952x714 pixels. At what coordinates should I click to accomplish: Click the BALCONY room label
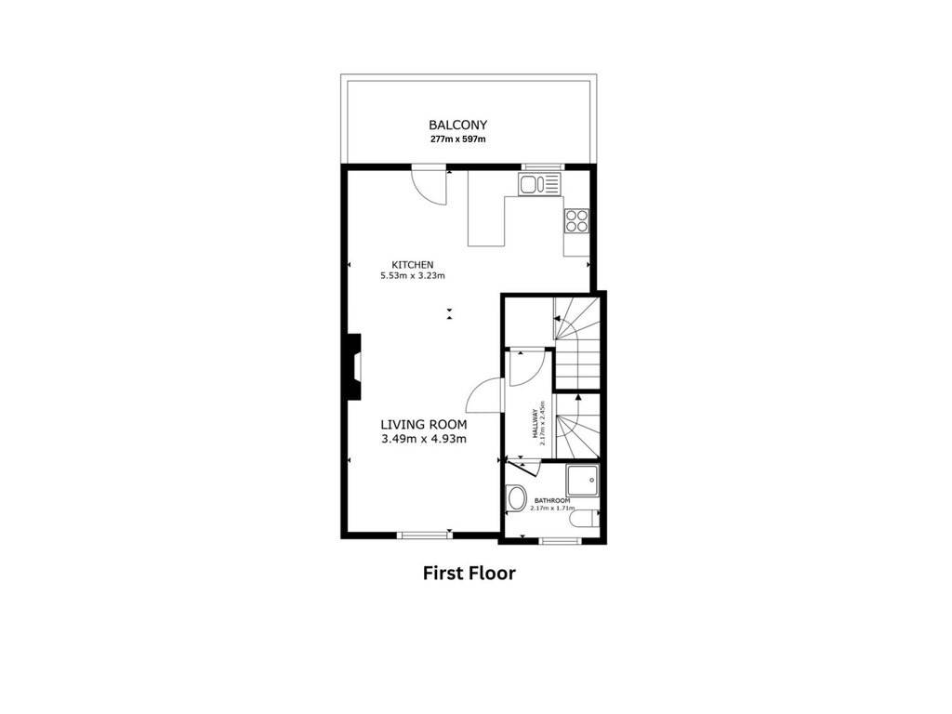tap(457, 126)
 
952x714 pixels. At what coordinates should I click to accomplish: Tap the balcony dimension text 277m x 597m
tap(457, 139)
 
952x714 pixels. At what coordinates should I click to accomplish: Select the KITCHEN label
tap(413, 265)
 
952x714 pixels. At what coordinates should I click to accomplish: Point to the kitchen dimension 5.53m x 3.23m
tap(413, 275)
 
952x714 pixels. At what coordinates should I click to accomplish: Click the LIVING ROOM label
tap(424, 424)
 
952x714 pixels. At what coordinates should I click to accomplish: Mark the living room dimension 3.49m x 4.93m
tap(424, 439)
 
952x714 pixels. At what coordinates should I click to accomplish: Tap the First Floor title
tap(469, 573)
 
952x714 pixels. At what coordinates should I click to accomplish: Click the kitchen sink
tap(540, 184)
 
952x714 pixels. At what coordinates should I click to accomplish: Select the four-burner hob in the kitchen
tap(576, 220)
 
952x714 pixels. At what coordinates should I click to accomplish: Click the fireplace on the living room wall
tap(352, 366)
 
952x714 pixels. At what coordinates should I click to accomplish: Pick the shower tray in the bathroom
tap(583, 481)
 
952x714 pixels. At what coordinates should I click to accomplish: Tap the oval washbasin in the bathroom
tap(517, 498)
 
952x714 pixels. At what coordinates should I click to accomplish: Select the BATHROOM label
tap(552, 501)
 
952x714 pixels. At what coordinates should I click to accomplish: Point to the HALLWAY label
tap(535, 423)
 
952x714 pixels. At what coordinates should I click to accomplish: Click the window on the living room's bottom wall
tap(423, 535)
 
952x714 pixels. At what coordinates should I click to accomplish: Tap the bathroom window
tap(559, 540)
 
